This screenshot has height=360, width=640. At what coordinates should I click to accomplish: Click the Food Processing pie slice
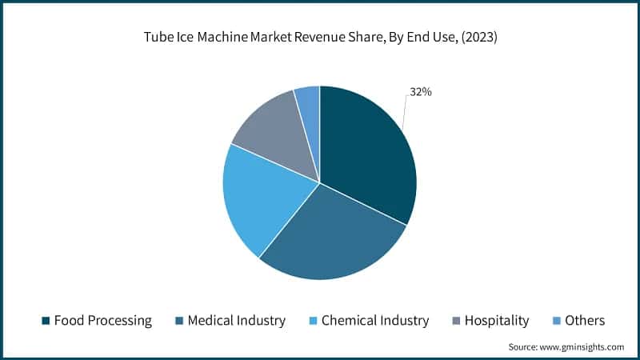368,152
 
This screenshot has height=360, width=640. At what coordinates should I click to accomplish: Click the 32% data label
421,92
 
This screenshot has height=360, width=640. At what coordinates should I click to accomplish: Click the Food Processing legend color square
46,321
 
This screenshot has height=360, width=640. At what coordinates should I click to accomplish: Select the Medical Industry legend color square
180,321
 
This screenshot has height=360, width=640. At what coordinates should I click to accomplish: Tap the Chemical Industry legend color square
314,321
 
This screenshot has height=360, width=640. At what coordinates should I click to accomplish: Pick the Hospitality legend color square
458,321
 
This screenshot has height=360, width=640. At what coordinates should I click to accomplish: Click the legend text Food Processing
103,321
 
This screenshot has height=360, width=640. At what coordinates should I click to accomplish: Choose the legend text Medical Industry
238,321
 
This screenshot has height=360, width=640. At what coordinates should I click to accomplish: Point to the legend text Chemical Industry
376,321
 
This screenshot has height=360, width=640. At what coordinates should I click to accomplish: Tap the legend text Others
585,321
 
